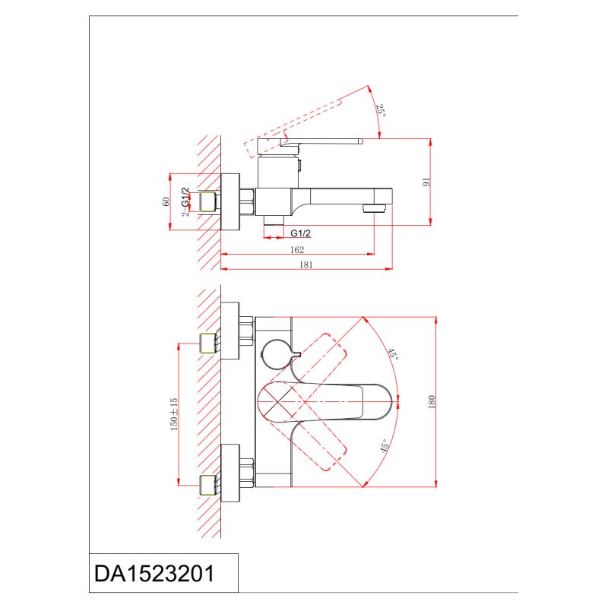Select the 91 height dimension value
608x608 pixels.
pyautogui.click(x=426, y=182)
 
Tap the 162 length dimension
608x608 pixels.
pyautogui.click(x=297, y=249)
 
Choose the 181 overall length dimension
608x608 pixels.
pyautogui.click(x=307, y=264)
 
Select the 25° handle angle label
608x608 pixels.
pyautogui.click(x=380, y=110)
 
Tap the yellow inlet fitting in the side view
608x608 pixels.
pyautogui.click(x=207, y=202)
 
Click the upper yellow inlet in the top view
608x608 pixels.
pyautogui.click(x=207, y=343)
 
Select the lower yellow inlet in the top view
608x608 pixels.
pyautogui.click(x=207, y=484)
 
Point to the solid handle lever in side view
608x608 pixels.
pyautogui.click(x=323, y=141)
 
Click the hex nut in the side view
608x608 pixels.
pyautogui.click(x=246, y=202)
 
